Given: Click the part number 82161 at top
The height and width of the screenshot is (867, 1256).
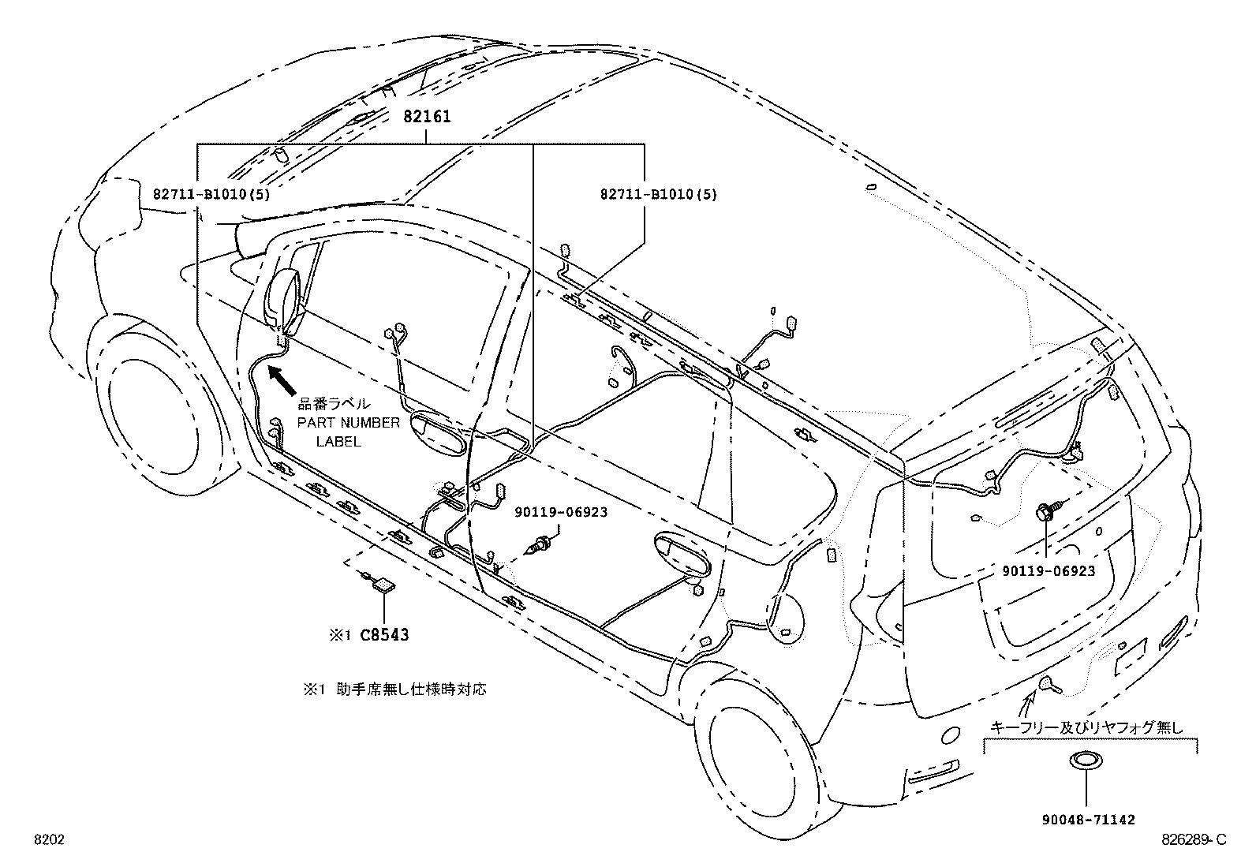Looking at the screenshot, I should (x=427, y=117).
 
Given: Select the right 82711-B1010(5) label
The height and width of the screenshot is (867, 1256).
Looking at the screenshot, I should (x=657, y=193).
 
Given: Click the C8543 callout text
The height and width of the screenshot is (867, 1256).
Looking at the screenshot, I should (x=385, y=634).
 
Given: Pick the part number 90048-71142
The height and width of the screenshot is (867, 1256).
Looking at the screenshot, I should (x=1087, y=820).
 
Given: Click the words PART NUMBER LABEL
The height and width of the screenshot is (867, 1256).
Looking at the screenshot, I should (x=348, y=432).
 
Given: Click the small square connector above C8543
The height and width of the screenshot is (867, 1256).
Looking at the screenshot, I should (x=384, y=585).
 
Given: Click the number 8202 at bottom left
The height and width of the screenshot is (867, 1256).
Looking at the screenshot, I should (x=49, y=841).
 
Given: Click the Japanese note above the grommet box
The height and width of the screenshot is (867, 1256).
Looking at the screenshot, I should (x=1087, y=727).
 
